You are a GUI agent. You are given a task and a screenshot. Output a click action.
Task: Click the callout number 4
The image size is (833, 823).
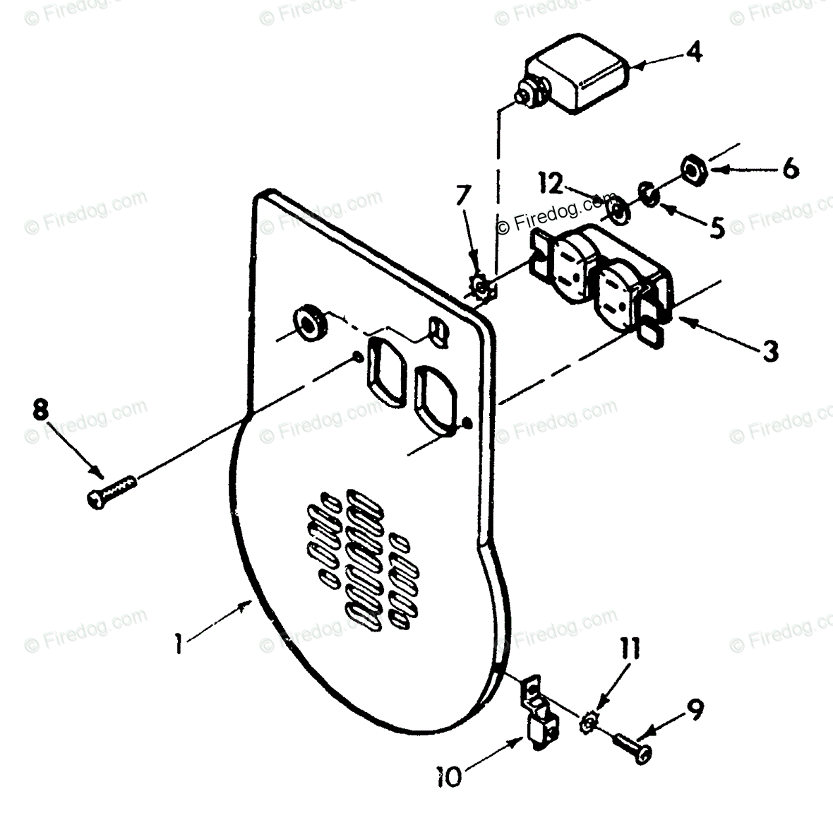pos(695,52)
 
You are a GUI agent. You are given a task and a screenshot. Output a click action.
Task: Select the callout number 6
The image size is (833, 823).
pos(790,170)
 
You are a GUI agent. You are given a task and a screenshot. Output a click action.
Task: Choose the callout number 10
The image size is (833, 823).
pos(449,776)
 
